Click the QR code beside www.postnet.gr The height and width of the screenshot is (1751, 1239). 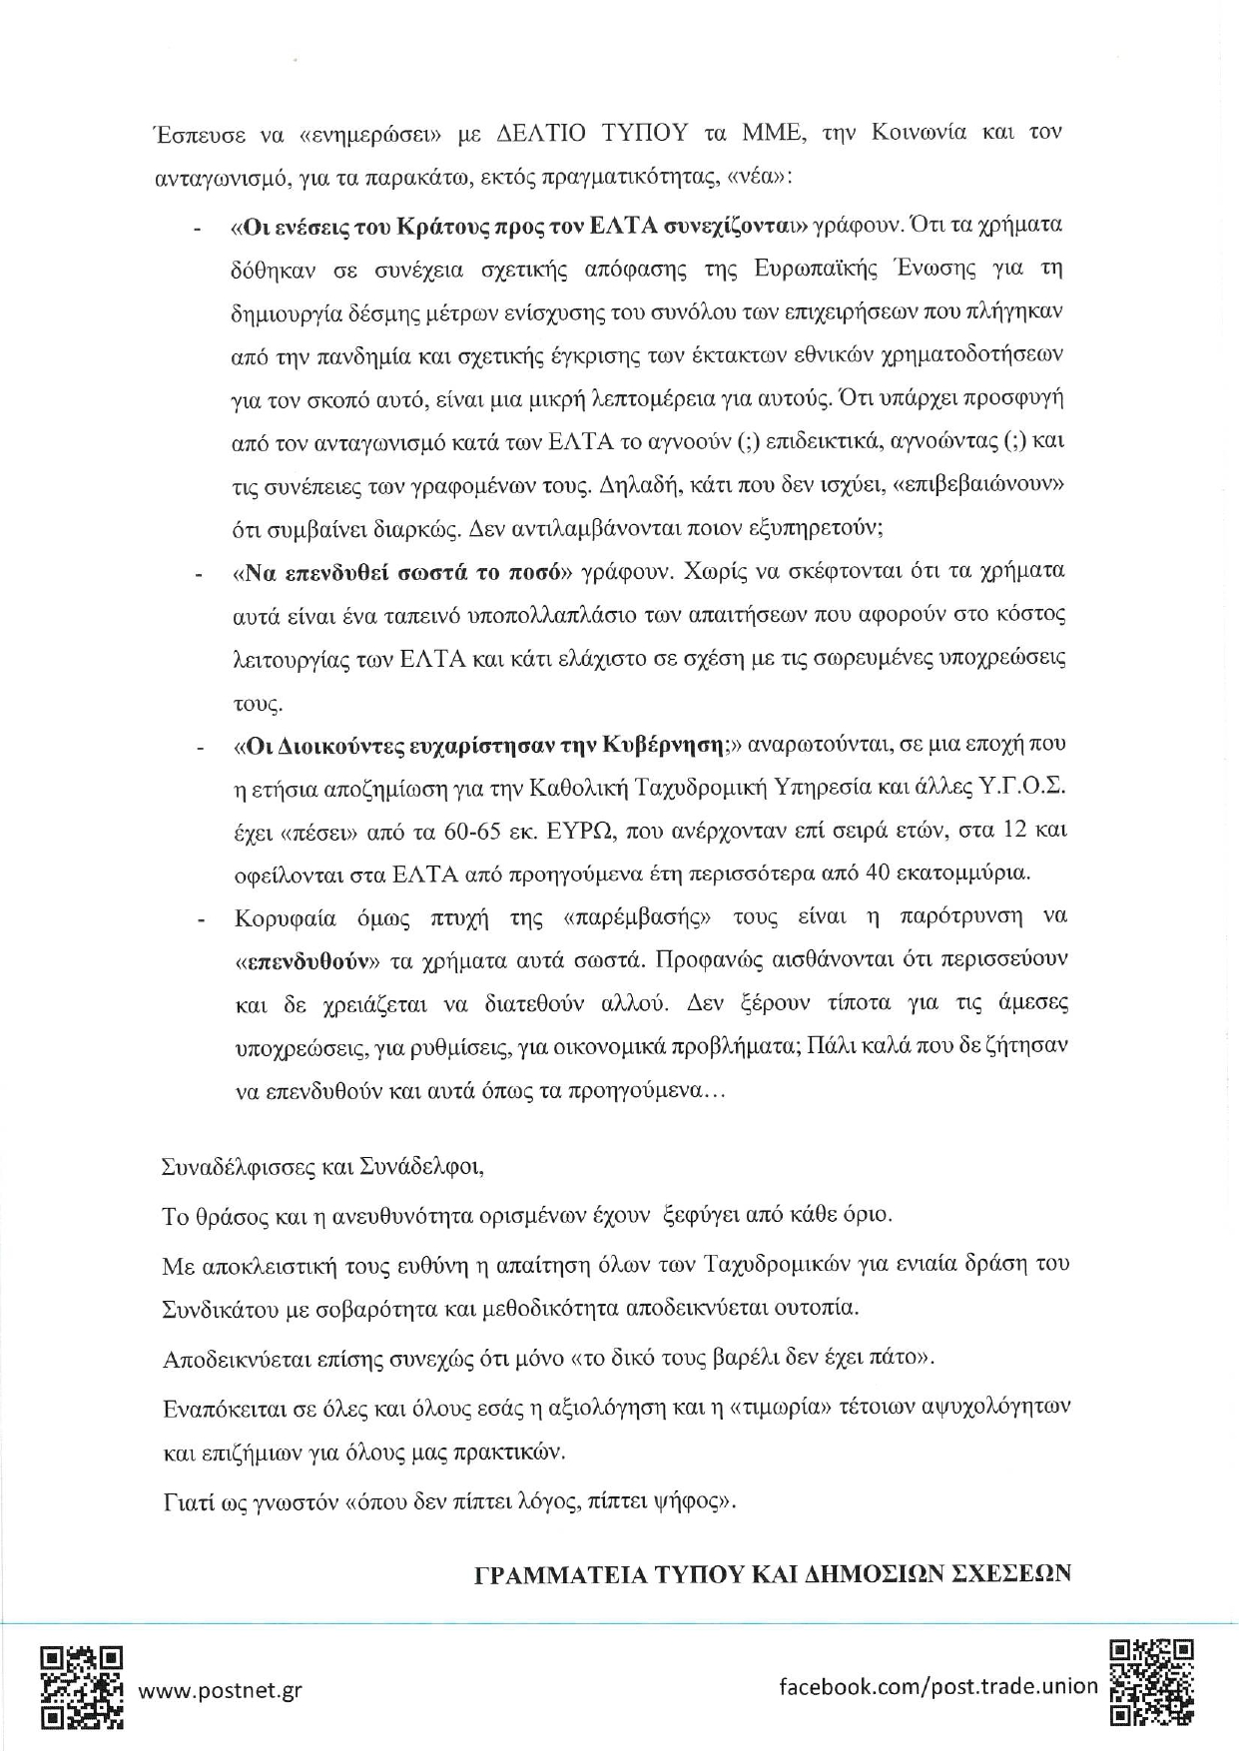pos(82,1687)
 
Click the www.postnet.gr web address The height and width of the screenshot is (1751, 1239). pos(220,1690)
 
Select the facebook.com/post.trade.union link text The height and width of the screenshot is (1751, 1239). pos(937,1686)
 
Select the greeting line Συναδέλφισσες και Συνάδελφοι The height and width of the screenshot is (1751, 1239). pos(322,1166)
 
